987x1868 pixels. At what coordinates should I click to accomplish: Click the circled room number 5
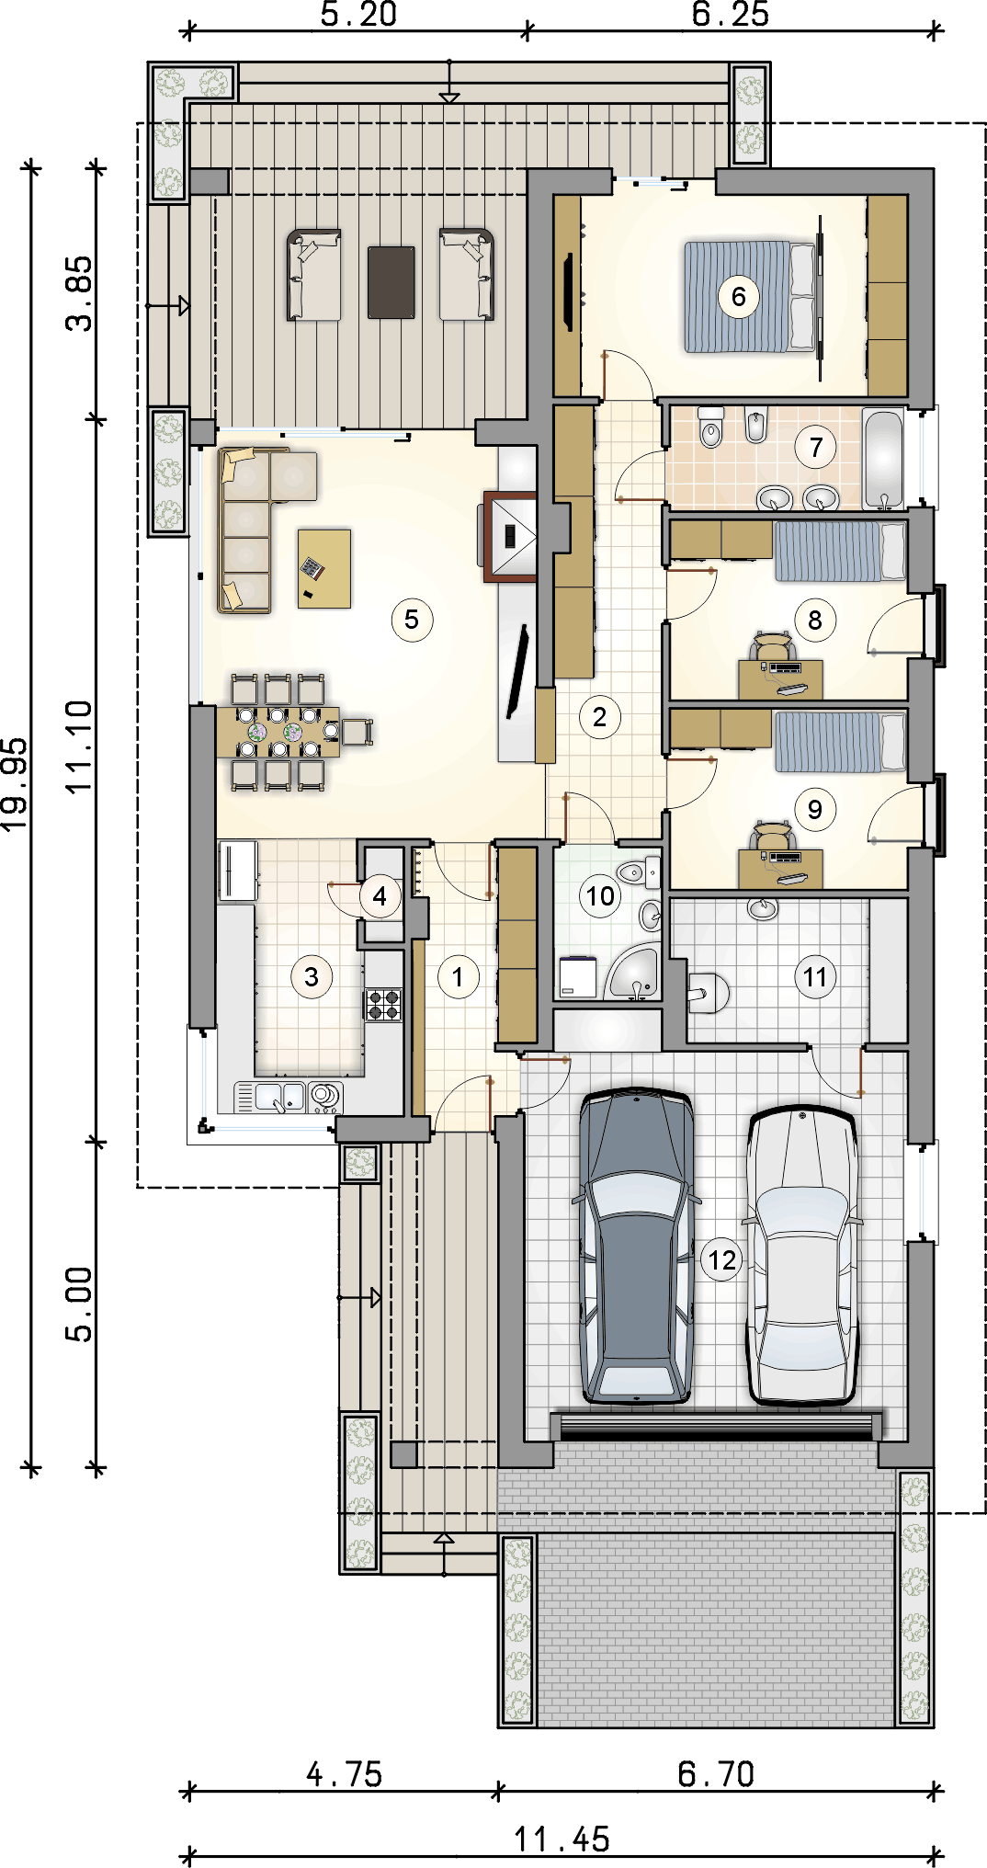point(412,620)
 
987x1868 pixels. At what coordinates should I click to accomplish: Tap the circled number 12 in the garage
point(722,1259)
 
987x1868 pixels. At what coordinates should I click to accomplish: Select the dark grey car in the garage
point(636,1246)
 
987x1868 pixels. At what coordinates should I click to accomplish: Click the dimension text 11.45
point(562,1840)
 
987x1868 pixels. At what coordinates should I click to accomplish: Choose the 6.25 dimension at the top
point(731,14)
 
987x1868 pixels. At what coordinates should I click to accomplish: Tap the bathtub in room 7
point(883,459)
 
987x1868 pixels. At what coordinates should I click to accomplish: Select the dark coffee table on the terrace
point(391,282)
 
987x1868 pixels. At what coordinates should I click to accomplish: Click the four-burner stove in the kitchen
point(384,1004)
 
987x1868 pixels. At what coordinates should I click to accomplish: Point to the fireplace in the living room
point(510,537)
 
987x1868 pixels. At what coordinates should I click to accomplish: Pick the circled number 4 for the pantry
point(380,896)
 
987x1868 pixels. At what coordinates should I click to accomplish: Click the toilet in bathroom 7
point(711,427)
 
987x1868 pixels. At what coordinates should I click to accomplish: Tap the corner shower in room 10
point(633,974)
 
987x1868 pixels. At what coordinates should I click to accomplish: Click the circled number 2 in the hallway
point(599,717)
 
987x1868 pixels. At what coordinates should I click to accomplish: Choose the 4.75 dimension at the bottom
point(344,1774)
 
